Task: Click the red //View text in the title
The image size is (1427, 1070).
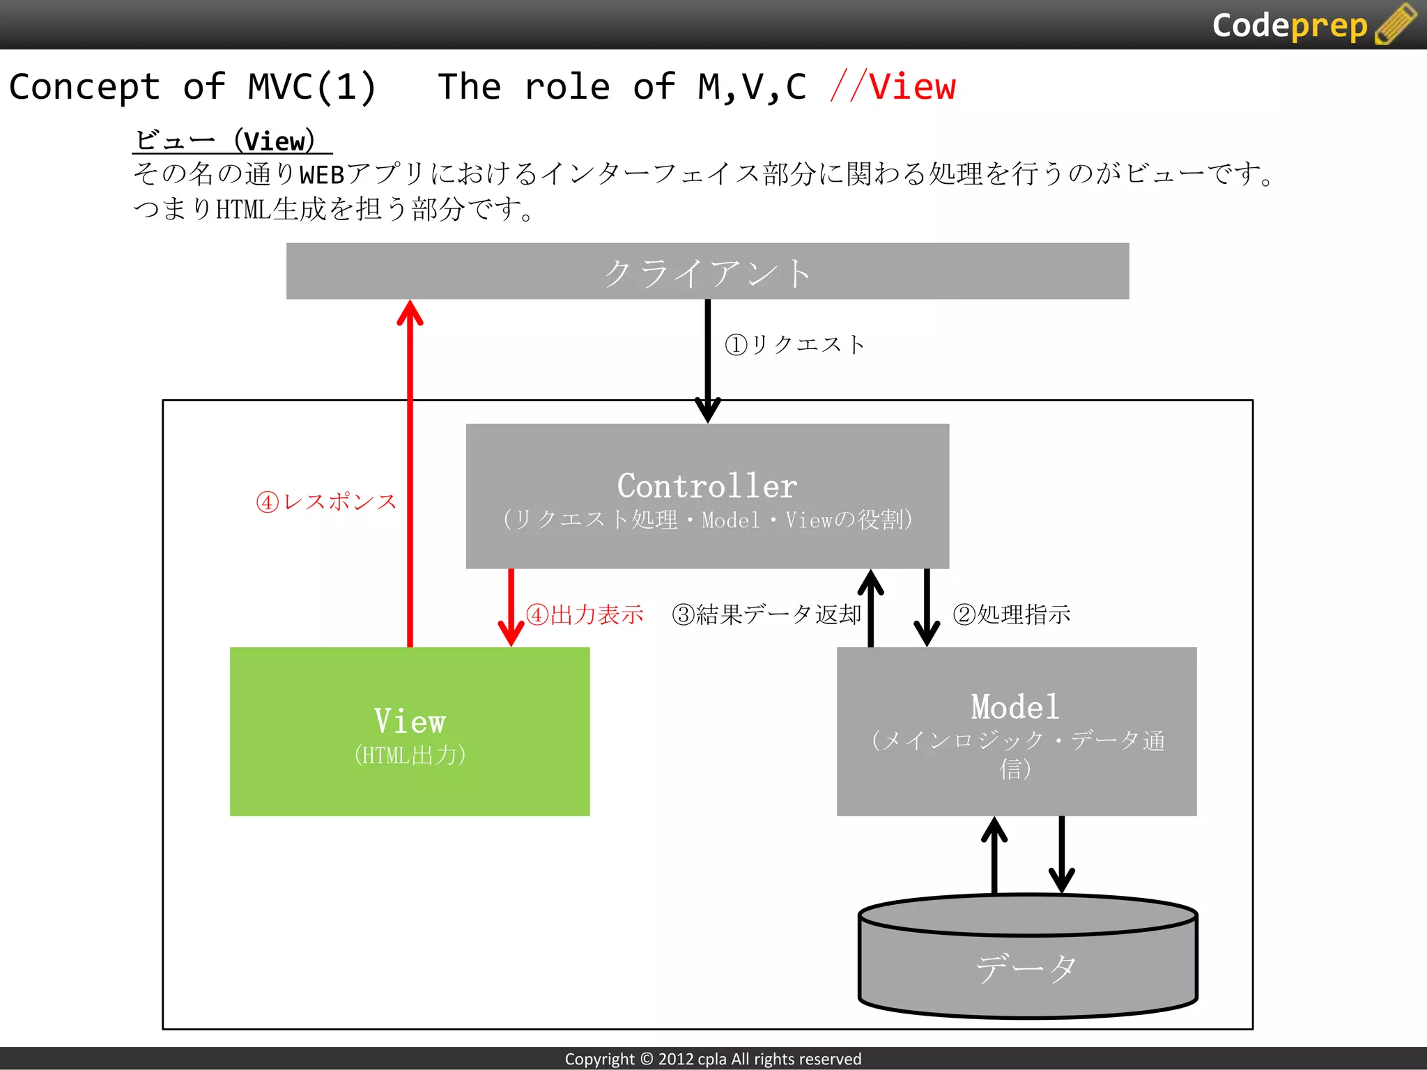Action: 893,87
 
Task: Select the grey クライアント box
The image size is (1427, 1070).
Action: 707,272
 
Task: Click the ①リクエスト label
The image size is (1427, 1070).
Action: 794,344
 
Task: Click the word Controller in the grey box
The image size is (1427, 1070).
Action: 707,486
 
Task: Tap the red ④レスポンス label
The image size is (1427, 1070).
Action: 326,502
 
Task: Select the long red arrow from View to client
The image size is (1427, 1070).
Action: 410,474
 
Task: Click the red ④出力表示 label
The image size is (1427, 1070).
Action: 585,614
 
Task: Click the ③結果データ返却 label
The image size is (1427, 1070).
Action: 766,614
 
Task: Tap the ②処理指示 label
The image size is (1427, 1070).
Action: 1011,614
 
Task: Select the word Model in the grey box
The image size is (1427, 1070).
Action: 1015,707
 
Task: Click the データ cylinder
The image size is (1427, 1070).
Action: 1027,968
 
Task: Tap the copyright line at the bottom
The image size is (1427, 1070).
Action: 713,1059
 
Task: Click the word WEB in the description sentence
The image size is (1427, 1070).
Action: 322,174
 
